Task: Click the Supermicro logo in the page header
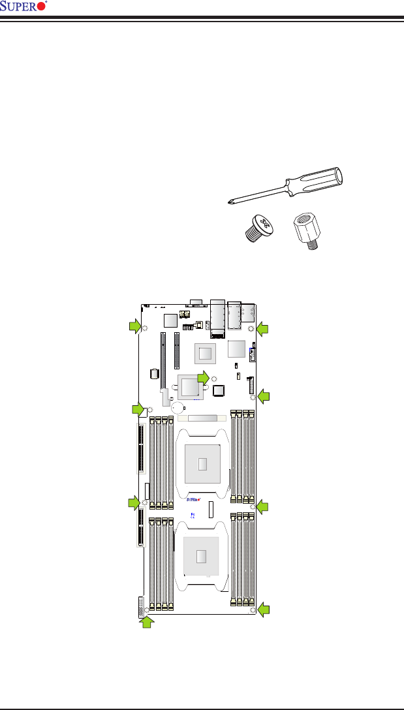point(25,7)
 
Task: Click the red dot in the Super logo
point(42,7)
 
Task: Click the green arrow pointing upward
point(149,623)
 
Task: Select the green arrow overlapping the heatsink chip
point(204,377)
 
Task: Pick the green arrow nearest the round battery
point(138,409)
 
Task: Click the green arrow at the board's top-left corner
point(134,327)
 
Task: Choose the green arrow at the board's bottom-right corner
point(263,610)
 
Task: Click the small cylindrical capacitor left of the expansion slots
point(155,374)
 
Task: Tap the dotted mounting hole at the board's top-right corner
point(252,328)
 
